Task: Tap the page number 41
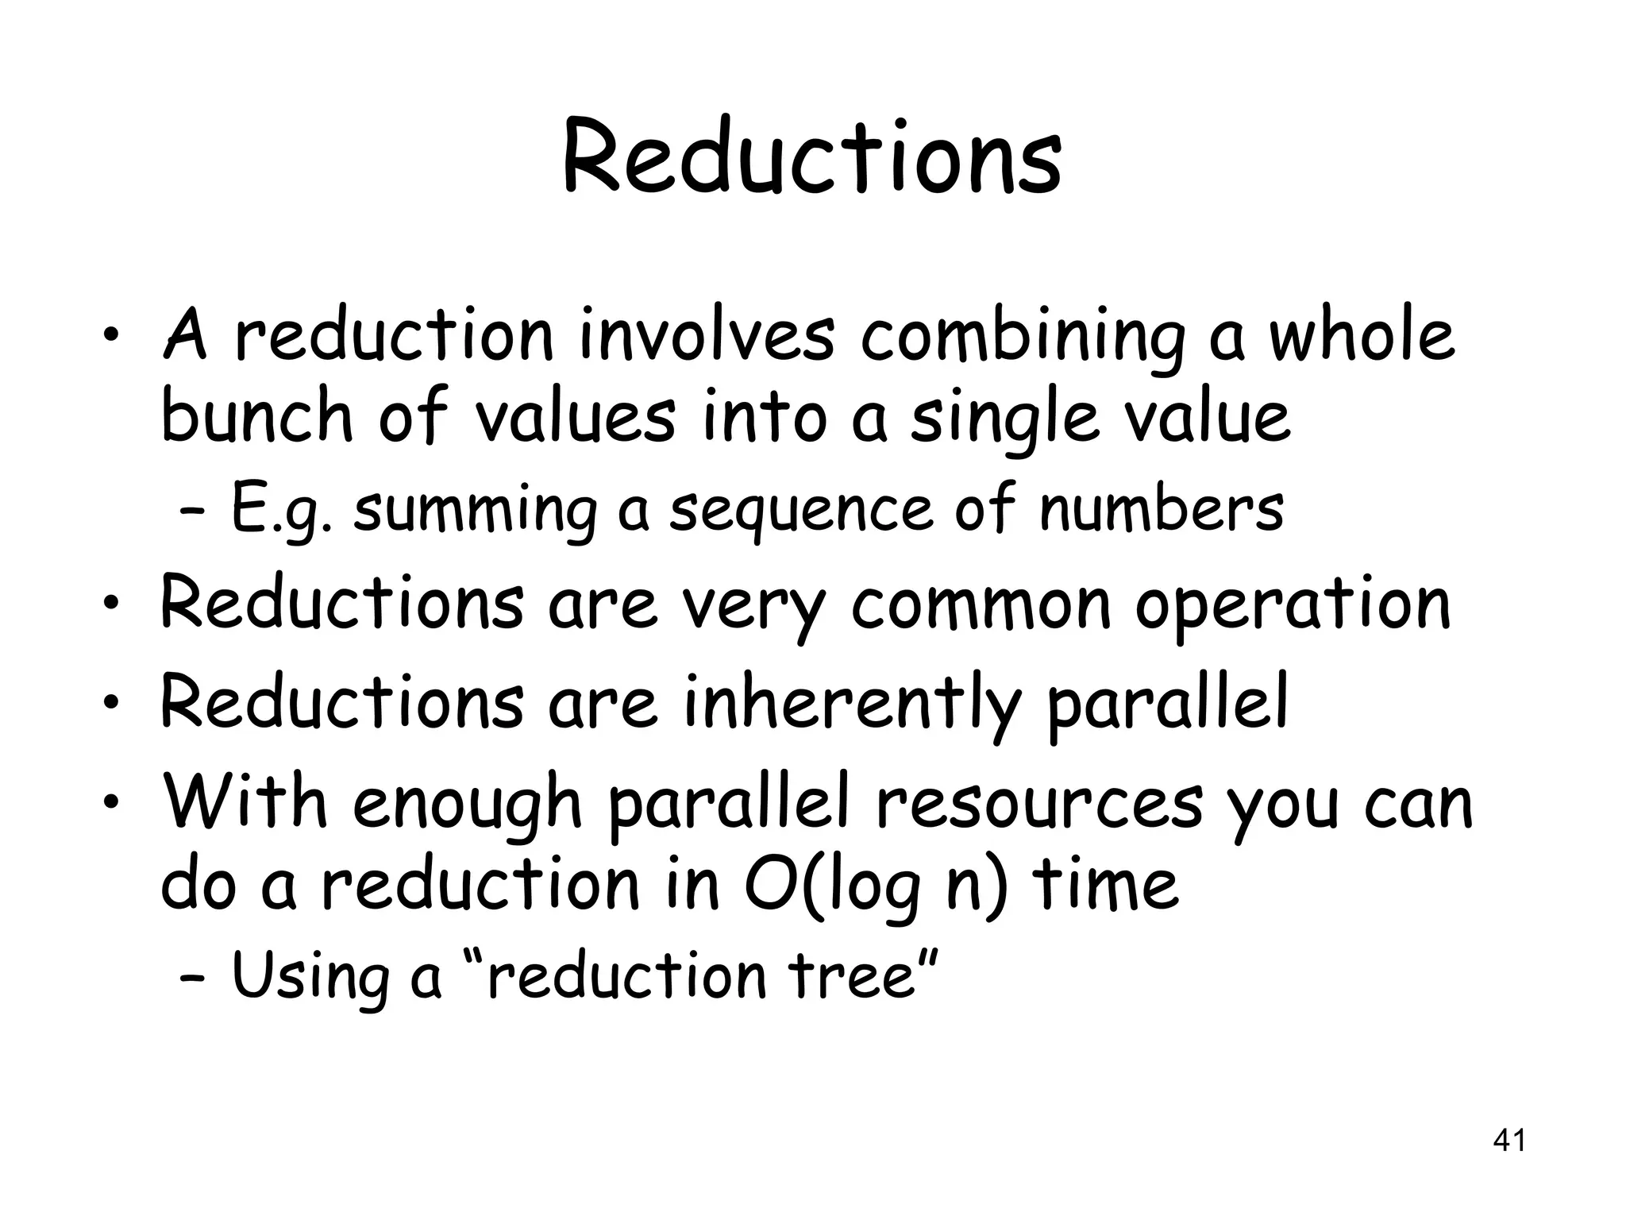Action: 1509,1141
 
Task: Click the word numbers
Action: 1161,508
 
